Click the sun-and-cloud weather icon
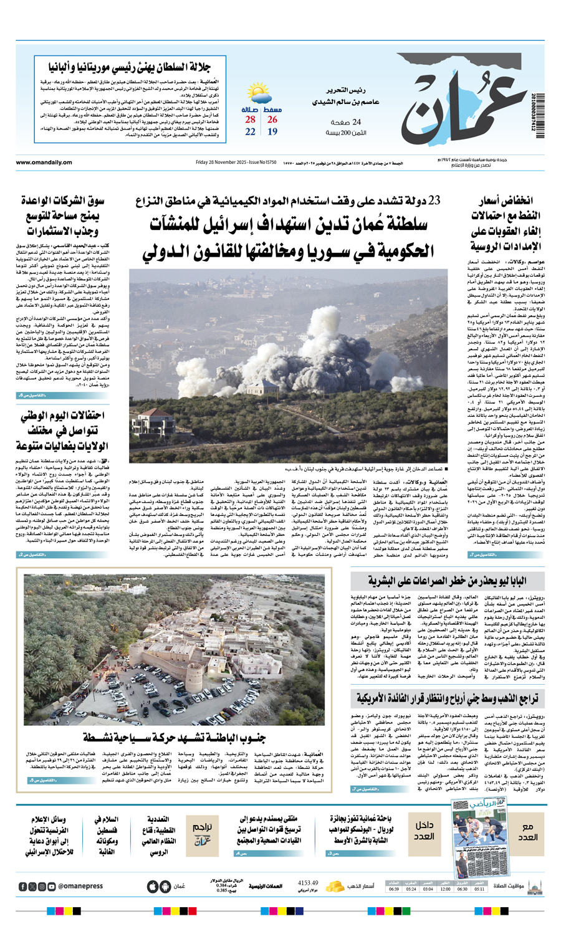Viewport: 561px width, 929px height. pos(257,95)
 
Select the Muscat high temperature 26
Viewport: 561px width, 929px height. pos(272,120)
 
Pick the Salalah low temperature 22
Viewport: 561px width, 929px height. pos(250,131)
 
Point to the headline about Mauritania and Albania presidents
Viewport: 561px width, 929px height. pos(130,68)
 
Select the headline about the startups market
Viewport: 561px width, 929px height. pos(62,216)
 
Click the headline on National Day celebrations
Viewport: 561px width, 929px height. pos(62,431)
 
